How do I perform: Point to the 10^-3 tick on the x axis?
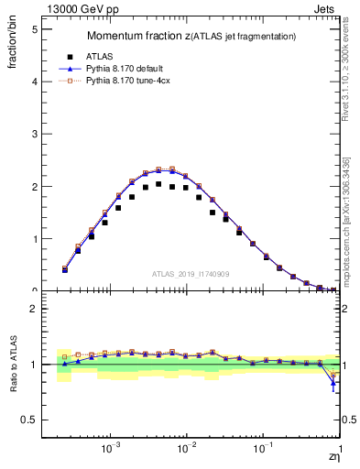pyautogui.click(x=110, y=451)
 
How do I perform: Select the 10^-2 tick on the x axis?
pyautogui.click(x=186, y=451)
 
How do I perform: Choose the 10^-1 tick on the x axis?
pyautogui.click(x=263, y=451)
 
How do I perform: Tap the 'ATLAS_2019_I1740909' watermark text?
pyautogui.click(x=191, y=274)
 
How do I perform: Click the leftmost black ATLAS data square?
pyautogui.click(x=64, y=269)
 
